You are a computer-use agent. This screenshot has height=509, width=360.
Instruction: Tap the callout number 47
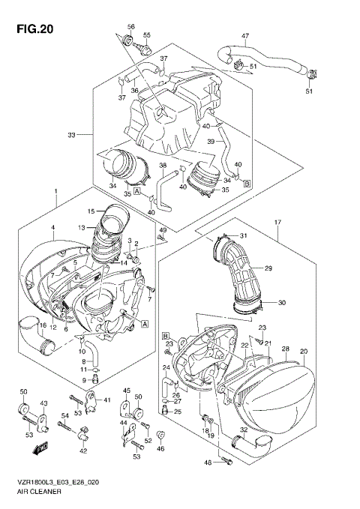click(245, 35)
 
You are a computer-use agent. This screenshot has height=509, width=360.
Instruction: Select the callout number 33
click(72, 135)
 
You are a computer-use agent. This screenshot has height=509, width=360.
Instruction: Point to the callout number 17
click(277, 222)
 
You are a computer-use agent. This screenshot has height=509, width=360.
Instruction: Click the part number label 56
click(130, 27)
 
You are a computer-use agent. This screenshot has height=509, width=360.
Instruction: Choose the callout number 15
click(91, 211)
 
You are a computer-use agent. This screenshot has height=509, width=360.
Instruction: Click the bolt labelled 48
click(223, 463)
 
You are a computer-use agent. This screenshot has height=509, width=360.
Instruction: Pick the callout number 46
click(160, 448)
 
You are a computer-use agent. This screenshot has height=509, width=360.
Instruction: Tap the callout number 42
click(82, 450)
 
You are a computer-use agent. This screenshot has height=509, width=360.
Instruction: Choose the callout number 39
click(211, 142)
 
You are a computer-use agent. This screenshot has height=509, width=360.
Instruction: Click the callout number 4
click(53, 227)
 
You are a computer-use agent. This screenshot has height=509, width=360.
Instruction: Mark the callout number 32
click(244, 430)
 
